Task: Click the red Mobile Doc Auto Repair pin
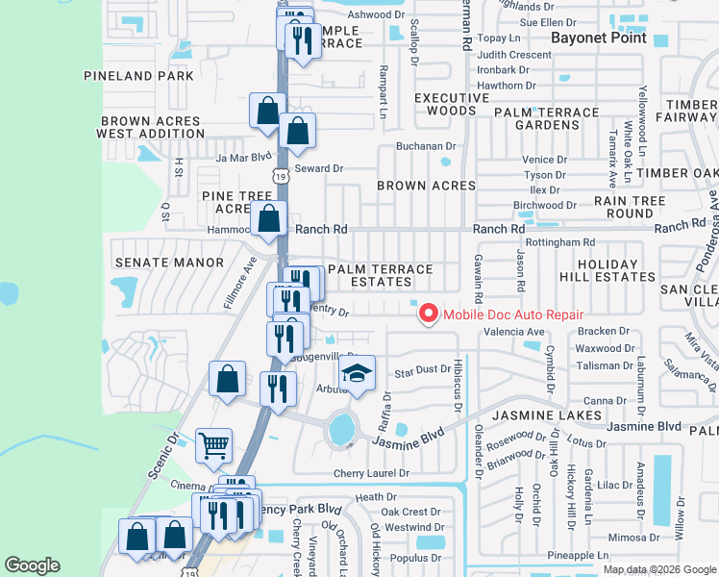tap(426, 314)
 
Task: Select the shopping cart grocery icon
tap(213, 445)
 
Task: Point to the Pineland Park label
tap(139, 75)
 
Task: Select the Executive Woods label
tap(452, 105)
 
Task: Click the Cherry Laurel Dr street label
tap(371, 473)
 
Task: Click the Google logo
tap(32, 565)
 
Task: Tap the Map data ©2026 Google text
tap(658, 569)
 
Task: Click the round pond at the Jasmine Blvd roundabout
tap(341, 430)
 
